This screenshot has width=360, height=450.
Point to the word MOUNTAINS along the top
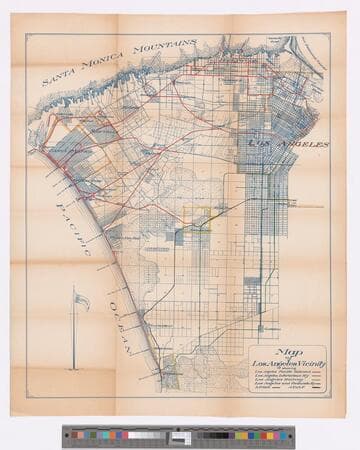(166, 47)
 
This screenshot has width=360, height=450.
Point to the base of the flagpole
(72, 368)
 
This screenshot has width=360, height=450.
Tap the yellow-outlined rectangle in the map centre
(200, 217)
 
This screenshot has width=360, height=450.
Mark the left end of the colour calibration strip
(64, 434)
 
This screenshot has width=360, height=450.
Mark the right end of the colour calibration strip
(296, 434)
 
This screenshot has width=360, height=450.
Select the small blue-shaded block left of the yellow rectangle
(180, 237)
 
